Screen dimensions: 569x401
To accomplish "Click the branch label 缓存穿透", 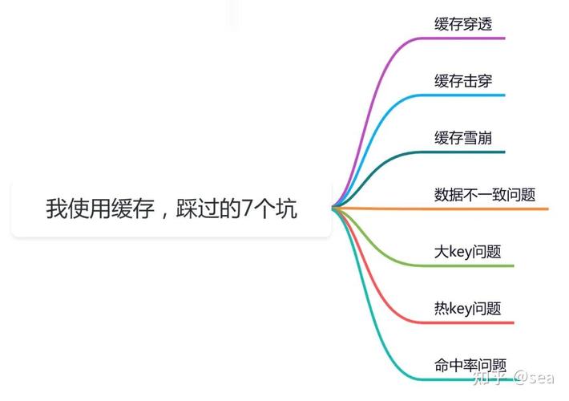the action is point(463,24).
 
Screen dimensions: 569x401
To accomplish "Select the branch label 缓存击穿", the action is point(463,81).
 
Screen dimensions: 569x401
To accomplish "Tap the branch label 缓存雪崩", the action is point(463,138).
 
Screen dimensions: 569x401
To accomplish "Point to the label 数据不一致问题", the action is point(485,195).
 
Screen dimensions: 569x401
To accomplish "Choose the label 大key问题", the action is point(467,251).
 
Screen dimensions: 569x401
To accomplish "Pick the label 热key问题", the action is point(467,309).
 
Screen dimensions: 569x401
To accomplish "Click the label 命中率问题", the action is point(470,365).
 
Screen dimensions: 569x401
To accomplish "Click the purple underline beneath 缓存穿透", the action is point(462,38).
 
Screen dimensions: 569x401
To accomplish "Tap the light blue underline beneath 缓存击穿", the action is point(462,95).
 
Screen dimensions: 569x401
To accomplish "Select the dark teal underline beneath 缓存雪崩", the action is point(462,152).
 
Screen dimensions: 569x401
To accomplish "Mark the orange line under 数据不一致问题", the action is point(441,209).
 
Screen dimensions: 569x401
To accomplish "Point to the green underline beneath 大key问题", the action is point(466,266).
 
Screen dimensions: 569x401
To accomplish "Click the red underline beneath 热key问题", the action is point(466,322).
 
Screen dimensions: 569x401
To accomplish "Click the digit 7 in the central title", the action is point(247,209).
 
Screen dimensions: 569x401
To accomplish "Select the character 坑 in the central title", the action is point(286,209).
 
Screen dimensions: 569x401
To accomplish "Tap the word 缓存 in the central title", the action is point(133,209).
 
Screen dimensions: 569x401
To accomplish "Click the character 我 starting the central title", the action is point(57,209).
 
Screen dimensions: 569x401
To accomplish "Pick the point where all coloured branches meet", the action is point(333,209).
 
